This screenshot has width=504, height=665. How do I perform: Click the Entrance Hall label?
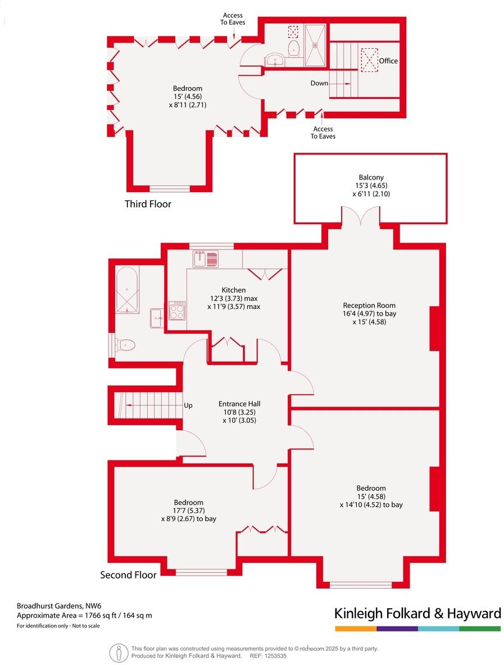click(x=239, y=403)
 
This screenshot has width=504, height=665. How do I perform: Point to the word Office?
click(x=388, y=61)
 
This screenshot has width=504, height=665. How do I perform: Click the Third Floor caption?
click(x=148, y=204)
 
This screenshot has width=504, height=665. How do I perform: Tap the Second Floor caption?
click(x=128, y=575)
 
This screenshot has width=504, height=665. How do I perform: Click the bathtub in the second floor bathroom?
click(x=128, y=290)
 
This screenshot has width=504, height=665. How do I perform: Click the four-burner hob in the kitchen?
click(x=177, y=311)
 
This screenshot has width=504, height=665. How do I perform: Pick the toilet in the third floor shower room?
click(x=293, y=48)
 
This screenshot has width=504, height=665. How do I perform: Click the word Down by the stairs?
click(x=319, y=83)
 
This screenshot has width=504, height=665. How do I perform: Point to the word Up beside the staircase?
click(x=188, y=405)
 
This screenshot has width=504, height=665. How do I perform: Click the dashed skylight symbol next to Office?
click(x=369, y=60)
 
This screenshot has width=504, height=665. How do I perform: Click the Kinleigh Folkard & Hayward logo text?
click(x=417, y=613)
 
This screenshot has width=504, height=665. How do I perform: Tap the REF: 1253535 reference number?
click(x=268, y=655)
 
